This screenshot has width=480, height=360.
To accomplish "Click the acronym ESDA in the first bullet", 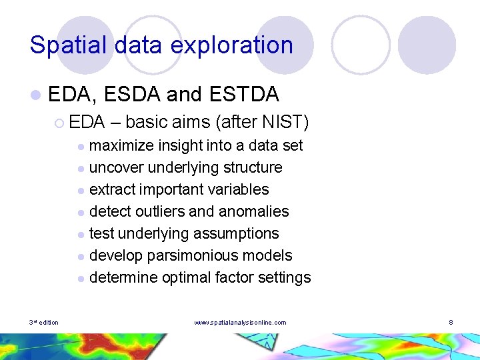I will point(133,95).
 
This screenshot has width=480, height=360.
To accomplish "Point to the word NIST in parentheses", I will point(286,122).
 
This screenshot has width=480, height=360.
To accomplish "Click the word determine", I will point(122,277).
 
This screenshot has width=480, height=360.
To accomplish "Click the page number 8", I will point(451,323).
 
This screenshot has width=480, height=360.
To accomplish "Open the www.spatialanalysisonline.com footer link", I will point(240,323).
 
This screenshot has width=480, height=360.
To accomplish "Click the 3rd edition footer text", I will point(44,323).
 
